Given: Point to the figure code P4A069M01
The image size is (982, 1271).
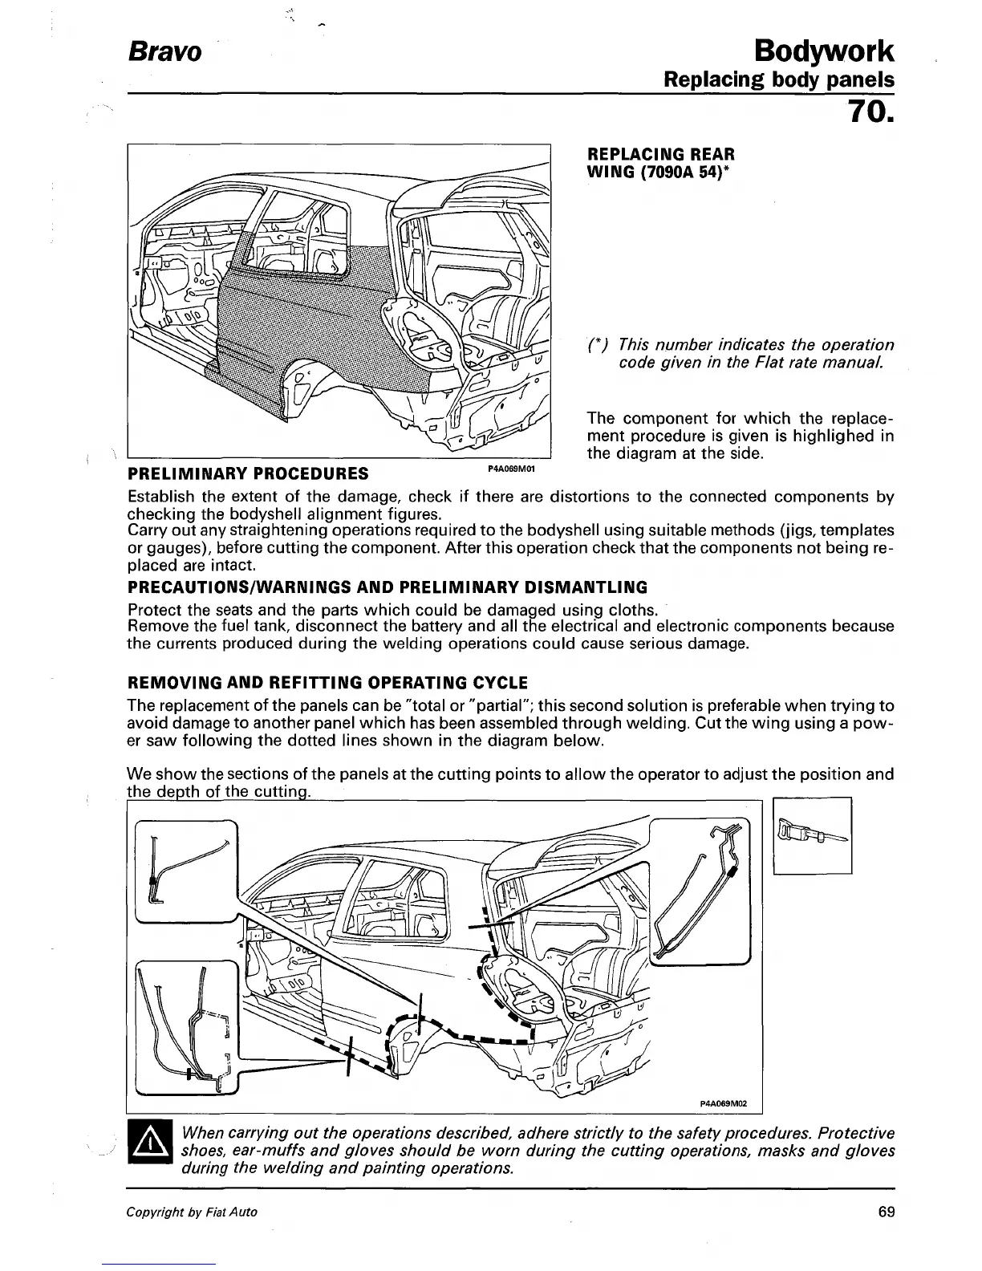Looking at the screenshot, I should coord(511,468).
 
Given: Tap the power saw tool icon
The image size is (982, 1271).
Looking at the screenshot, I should coord(812,835).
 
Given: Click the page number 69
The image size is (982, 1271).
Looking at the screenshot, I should coord(886,1212).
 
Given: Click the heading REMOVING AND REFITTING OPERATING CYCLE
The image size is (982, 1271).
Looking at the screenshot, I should coord(327,683).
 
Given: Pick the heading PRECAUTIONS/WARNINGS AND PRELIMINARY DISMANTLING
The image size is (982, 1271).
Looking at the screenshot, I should coord(388,587).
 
